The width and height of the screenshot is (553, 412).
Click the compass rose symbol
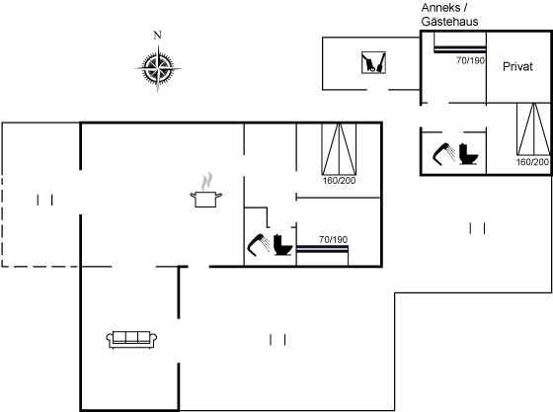[x=158, y=68]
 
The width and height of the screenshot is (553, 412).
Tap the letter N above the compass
[x=157, y=36]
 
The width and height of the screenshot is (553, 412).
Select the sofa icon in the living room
[x=131, y=340]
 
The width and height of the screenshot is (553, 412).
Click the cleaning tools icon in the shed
[x=373, y=63]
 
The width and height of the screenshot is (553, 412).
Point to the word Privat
[x=517, y=66]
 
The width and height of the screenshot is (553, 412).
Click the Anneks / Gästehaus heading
[x=449, y=15]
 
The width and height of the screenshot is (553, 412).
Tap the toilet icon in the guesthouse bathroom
[x=468, y=154]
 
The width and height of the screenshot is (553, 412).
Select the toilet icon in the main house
[x=283, y=244]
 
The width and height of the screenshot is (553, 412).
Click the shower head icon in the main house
[x=259, y=244]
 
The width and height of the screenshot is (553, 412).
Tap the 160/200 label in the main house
[x=340, y=181]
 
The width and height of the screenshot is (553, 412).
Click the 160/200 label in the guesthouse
[x=532, y=162]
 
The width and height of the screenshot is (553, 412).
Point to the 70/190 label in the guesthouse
[x=470, y=60]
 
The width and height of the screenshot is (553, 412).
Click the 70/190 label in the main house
[x=334, y=240]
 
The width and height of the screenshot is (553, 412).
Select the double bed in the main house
[x=339, y=149]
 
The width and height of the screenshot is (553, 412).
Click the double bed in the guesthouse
[x=533, y=129]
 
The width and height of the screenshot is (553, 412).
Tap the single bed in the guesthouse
[x=460, y=42]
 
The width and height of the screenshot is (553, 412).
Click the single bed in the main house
[x=322, y=255]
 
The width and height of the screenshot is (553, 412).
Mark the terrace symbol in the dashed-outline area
[x=44, y=200]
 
